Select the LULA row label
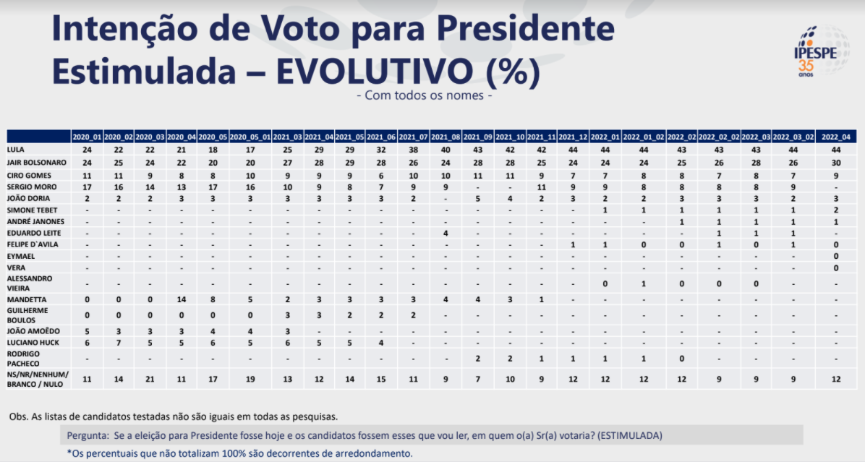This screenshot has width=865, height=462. click(x=17, y=149)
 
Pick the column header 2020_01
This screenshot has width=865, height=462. click(x=87, y=137)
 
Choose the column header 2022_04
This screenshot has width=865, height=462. click(x=836, y=137)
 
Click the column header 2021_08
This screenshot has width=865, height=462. click(x=446, y=137)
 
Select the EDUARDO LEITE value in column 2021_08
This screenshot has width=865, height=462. click(x=446, y=233)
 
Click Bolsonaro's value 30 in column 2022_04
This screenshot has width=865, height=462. click(x=836, y=162)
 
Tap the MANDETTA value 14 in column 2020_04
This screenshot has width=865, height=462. click(x=181, y=299)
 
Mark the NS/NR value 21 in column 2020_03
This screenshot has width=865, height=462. click(x=150, y=377)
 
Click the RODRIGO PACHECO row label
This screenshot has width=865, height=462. click(x=25, y=359)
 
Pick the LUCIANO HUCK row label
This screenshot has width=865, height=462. click(x=30, y=342)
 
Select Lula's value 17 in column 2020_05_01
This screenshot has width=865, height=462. click(x=250, y=149)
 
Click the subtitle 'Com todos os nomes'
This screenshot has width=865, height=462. click(x=425, y=95)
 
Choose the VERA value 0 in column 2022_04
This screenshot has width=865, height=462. click(x=836, y=268)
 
